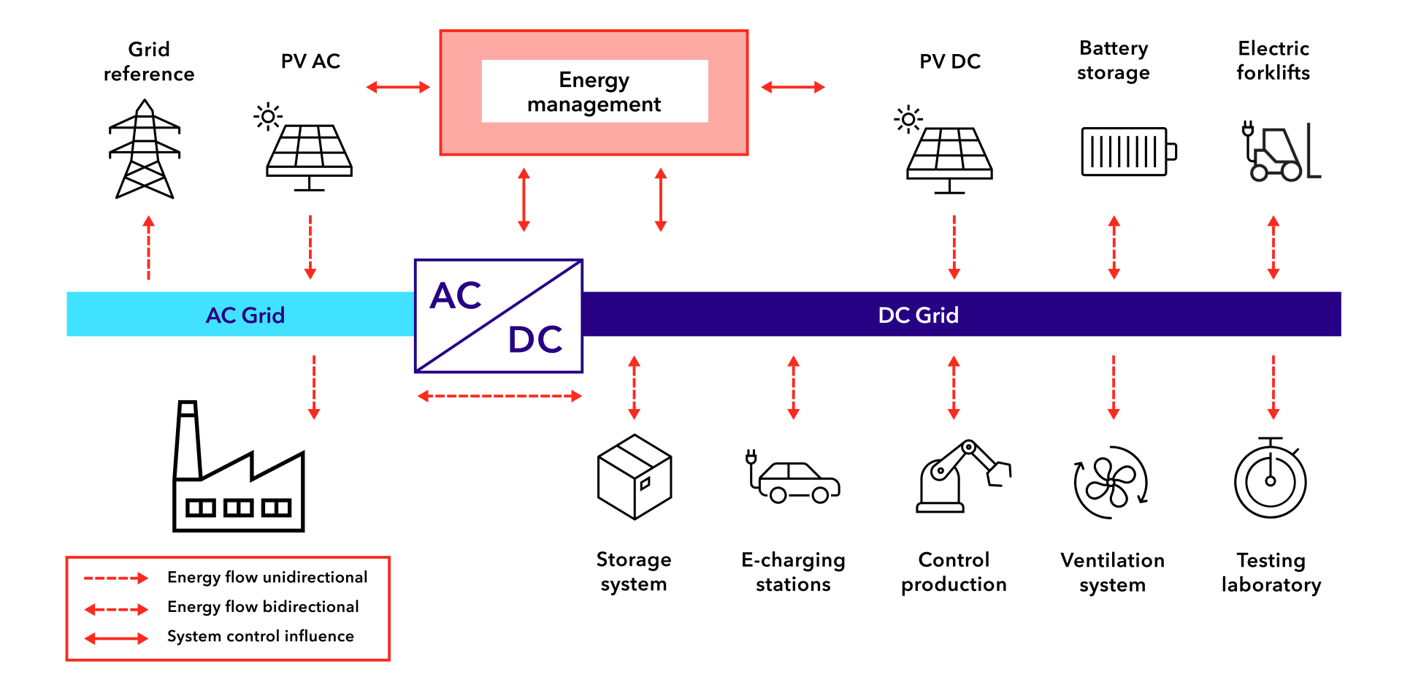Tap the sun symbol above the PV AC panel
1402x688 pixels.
[268, 116]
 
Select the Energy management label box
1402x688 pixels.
[594, 92]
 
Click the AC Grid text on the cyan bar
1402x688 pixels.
[245, 315]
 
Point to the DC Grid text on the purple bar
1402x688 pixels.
[918, 315]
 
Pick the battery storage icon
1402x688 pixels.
[1127, 151]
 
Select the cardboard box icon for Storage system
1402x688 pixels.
[634, 477]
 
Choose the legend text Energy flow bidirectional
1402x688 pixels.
[263, 607]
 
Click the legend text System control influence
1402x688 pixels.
[261, 636]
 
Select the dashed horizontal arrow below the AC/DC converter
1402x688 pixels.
[499, 397]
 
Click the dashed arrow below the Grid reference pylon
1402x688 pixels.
[148, 248]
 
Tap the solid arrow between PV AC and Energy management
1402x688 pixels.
[398, 88]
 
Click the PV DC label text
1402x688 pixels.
[949, 61]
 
